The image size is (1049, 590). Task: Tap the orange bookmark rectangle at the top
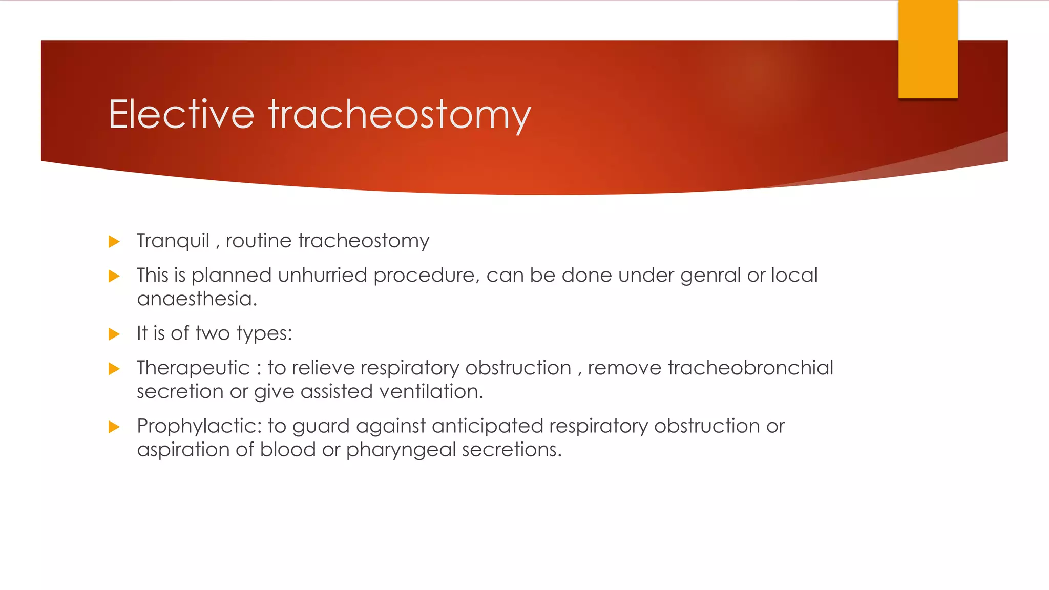pyautogui.click(x=928, y=49)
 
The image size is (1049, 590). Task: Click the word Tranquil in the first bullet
pyautogui.click(x=173, y=241)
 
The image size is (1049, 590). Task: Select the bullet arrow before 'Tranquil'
pyautogui.click(x=114, y=242)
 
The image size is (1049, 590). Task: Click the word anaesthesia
pyautogui.click(x=196, y=299)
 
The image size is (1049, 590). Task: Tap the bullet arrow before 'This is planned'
pyautogui.click(x=114, y=277)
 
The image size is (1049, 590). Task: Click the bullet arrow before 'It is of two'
pyautogui.click(x=114, y=334)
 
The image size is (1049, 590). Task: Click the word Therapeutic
pyautogui.click(x=193, y=368)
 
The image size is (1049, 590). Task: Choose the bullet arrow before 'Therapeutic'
pyautogui.click(x=114, y=369)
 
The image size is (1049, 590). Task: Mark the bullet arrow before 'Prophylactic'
pyautogui.click(x=114, y=427)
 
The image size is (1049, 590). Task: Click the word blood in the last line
pyautogui.click(x=287, y=450)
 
